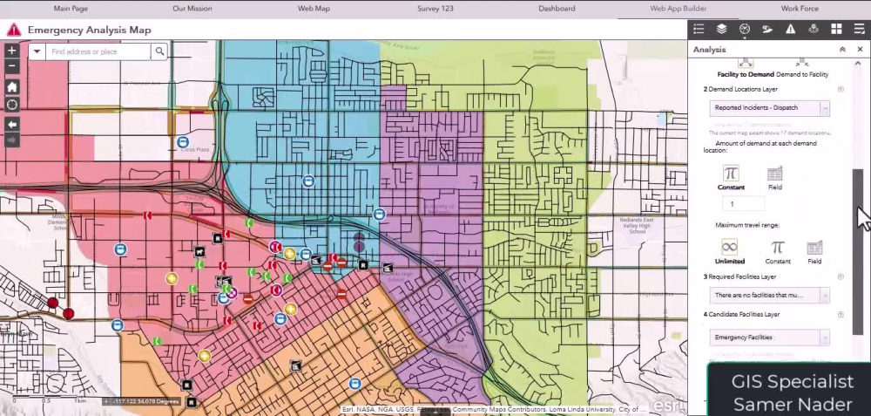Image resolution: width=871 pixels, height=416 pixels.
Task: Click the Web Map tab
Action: tap(314, 9)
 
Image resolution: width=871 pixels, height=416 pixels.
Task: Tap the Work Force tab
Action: tap(800, 9)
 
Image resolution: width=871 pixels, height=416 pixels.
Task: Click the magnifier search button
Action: tap(160, 52)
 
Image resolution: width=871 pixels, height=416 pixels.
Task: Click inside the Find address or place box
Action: tap(98, 52)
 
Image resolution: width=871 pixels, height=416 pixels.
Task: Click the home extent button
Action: tap(12, 86)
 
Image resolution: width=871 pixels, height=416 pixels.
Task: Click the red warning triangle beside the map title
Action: tap(13, 30)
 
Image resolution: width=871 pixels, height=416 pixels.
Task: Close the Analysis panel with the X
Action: tap(860, 50)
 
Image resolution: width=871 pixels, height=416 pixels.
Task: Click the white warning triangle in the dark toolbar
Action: tap(790, 29)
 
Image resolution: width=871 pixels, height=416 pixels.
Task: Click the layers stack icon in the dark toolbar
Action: tap(721, 29)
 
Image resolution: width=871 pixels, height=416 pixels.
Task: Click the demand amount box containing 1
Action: tap(743, 203)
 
